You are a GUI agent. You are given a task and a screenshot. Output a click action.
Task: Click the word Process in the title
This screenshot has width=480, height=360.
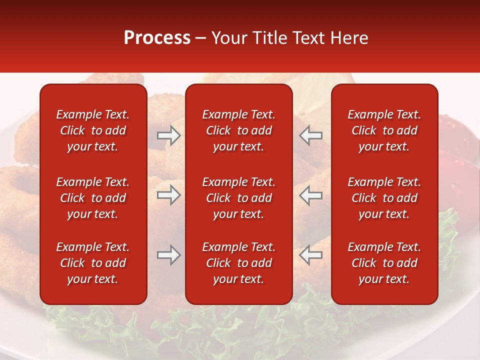click(157, 38)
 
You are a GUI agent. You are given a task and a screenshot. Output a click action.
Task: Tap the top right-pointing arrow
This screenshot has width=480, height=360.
click(168, 135)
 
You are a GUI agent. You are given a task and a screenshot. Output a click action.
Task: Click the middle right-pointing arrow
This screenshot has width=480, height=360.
click(168, 195)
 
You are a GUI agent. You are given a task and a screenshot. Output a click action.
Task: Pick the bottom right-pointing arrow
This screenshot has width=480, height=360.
click(168, 255)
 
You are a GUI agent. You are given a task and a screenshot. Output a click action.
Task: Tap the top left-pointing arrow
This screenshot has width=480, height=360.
click(311, 135)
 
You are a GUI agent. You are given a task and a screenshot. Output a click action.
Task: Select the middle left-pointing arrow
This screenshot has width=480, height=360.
click(311, 195)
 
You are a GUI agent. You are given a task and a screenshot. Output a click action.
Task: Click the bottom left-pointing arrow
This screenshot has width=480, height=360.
click(311, 255)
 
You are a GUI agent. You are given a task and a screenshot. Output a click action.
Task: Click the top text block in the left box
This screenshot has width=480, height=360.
click(93, 130)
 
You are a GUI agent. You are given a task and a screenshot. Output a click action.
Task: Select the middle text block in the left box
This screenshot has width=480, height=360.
click(93, 198)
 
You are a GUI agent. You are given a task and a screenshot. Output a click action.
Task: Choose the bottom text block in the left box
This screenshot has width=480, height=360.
click(93, 263)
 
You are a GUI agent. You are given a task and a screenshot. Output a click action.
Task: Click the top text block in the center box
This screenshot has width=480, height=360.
click(238, 130)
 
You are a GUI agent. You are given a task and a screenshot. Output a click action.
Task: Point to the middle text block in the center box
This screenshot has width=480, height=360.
click(238, 198)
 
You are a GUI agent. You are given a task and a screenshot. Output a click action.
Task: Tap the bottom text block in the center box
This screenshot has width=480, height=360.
click(238, 263)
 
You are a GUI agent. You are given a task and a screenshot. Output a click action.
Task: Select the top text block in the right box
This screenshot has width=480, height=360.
click(384, 130)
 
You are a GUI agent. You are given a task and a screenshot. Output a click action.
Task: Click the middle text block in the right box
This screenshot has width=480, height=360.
click(384, 198)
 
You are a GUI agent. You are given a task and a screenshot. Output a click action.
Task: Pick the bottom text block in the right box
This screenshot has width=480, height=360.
click(384, 263)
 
